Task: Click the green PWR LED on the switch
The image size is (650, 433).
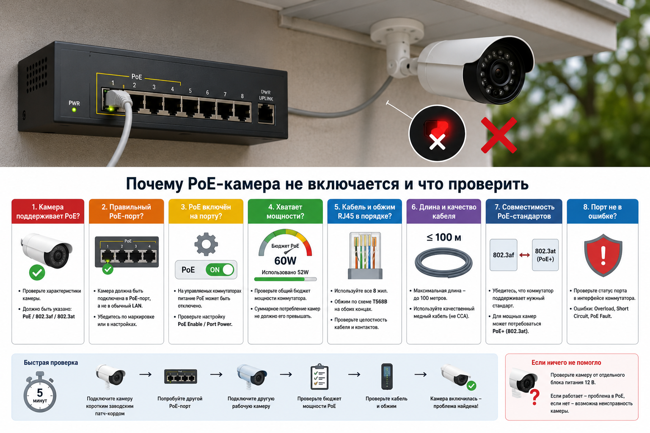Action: click(74, 110)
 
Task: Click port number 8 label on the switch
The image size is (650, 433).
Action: click(242, 96)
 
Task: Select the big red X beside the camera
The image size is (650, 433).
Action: click(499, 135)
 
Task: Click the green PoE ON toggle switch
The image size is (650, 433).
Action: click(220, 270)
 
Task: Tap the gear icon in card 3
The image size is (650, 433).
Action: click(206, 244)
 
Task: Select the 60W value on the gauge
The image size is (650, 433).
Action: click(285, 261)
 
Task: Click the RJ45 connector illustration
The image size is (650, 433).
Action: click(365, 255)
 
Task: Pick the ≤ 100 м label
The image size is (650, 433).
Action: click(443, 238)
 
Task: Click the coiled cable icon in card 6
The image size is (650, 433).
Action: click(443, 263)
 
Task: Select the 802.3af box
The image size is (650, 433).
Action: click(504, 255)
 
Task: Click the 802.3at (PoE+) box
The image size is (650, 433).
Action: click(545, 255)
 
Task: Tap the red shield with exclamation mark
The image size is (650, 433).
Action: click(603, 255)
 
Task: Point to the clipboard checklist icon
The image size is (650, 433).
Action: click(319, 376)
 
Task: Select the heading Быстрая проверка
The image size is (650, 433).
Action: click(51, 362)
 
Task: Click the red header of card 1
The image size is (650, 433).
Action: click(48, 211)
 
